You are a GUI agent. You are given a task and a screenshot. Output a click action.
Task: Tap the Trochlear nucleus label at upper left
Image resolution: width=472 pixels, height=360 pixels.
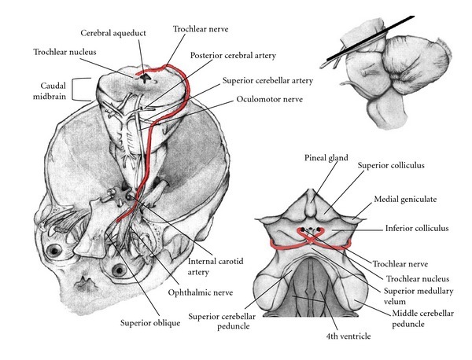[x=66, y=53]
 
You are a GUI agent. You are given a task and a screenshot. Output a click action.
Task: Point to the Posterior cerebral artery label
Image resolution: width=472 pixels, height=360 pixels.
[x=238, y=56]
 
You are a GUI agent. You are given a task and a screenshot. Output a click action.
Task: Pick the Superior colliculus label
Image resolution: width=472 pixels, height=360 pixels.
[x=390, y=167]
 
